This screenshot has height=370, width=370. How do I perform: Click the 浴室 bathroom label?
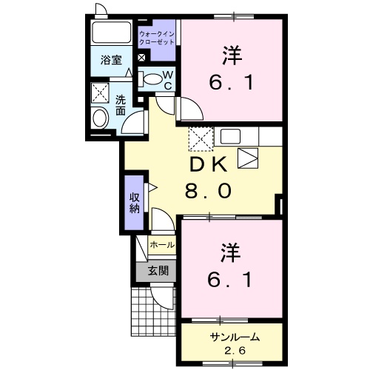(111, 61)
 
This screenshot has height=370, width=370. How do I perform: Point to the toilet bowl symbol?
(151, 78)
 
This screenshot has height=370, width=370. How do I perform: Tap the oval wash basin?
(99, 118)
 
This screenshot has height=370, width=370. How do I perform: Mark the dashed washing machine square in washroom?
(99, 92)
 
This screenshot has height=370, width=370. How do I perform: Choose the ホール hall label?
(162, 245)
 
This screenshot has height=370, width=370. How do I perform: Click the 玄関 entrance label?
(156, 270)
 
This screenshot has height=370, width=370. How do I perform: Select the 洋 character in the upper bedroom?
(231, 55)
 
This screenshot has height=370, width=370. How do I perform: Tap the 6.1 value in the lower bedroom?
(230, 280)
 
